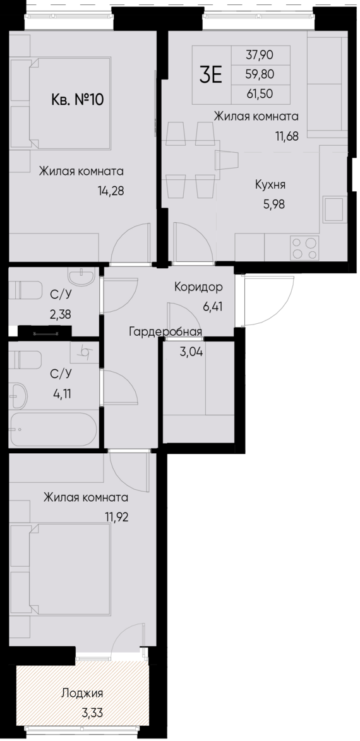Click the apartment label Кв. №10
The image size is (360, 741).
click(76, 100)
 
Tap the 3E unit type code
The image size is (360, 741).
click(211, 74)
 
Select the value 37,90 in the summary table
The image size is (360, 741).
click(260, 55)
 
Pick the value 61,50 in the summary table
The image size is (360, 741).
click(260, 94)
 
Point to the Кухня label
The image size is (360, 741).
click(270, 184)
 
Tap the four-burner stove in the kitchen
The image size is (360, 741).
click(304, 247)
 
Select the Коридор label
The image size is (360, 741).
click(198, 287)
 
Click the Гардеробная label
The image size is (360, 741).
click(165, 332)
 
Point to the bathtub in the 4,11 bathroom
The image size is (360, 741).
click(54, 429)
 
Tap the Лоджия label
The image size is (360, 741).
click(82, 694)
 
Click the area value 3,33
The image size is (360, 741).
click(92, 713)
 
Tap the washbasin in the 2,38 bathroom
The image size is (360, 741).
click(81, 276)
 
